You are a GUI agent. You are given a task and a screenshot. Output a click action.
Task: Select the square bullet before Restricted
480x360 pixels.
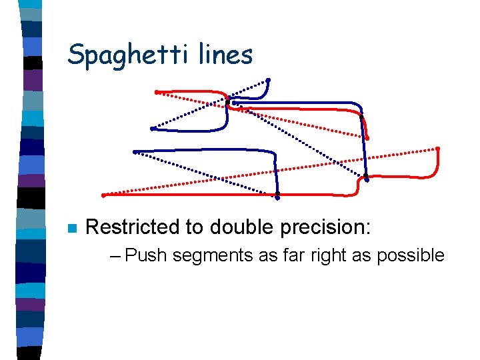pos(73,228)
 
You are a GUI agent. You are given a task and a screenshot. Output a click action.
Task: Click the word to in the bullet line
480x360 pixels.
pos(194,227)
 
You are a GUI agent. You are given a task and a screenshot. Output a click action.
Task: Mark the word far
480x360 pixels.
pos(267,255)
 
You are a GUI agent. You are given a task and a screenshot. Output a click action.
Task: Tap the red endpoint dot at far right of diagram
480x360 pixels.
pos(438,148)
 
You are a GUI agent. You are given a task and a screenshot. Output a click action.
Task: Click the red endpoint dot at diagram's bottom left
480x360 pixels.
pos(103,195)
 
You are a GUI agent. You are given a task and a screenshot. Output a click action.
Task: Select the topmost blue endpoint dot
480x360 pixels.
pos(268,81)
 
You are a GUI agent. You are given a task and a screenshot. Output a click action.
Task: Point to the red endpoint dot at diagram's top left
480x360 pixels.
pos(156,91)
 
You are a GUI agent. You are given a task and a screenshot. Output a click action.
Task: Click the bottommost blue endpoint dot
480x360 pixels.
pos(277,196)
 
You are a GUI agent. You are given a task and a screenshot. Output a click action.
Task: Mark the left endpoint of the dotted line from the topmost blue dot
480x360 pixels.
pos(153,128)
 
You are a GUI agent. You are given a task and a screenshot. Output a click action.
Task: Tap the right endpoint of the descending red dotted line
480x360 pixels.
pos(367,139)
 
